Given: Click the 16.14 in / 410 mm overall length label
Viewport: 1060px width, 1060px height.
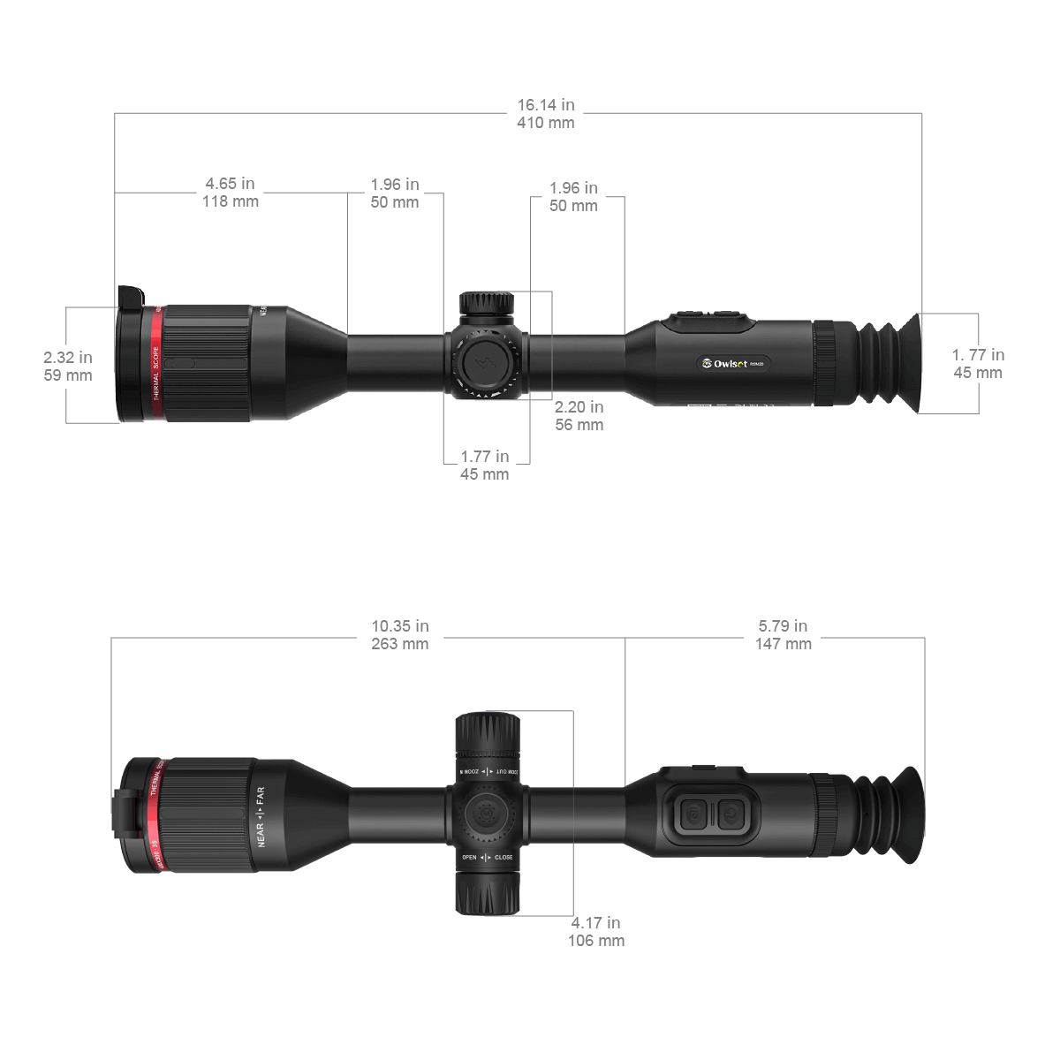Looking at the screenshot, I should pos(545,114).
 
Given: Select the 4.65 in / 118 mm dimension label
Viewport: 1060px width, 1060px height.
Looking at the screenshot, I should pos(231,192).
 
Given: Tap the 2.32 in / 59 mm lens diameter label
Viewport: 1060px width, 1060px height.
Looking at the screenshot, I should pos(68,366).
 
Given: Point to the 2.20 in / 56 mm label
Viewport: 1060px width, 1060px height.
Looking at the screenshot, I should pos(579,415).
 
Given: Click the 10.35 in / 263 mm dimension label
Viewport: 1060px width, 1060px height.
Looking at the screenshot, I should pos(400,635).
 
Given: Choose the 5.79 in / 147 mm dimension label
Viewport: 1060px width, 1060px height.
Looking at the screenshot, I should pos(783,635).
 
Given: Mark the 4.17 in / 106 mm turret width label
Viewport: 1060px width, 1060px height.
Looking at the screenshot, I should pos(596,932).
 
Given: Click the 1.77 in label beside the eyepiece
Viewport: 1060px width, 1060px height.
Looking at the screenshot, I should pos(977,363).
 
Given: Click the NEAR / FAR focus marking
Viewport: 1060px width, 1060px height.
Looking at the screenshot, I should pos(261,817).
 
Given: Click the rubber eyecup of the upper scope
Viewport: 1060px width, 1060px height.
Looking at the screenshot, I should pos(892,363).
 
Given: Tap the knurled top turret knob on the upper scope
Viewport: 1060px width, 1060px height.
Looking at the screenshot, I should pos(486,304).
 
